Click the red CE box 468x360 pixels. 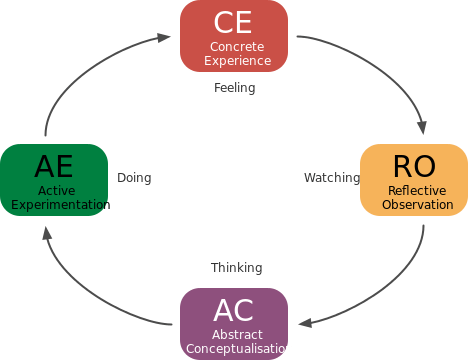[234, 36]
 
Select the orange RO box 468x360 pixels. [413, 180]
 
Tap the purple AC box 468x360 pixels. [234, 324]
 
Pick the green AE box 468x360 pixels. [55, 180]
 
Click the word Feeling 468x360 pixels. [235, 88]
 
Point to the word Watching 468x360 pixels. [331, 178]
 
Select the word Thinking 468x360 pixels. [237, 268]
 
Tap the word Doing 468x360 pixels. [134, 178]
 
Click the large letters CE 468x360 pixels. [234, 22]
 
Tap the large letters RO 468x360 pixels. [413, 165]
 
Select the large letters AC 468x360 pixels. [234, 310]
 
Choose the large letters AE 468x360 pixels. [55, 166]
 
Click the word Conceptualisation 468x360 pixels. [239, 349]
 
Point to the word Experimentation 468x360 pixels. [60, 205]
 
